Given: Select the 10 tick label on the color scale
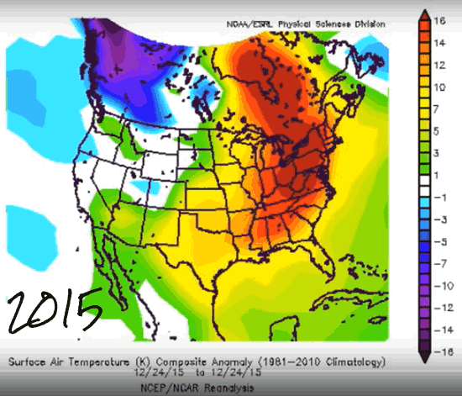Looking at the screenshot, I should click(439, 87).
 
